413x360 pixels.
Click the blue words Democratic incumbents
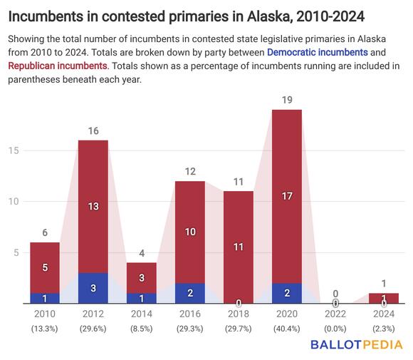coord(318,53)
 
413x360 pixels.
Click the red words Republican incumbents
coord(57,66)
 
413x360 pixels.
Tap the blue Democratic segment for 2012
coord(93,288)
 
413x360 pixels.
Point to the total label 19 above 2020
coord(287,101)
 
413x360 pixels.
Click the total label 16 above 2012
coord(93,131)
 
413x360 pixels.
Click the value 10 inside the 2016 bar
coord(190,232)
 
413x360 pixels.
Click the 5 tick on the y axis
coord(14,252)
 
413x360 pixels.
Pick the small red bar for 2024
coord(384,298)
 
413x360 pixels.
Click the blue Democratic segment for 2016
coord(190,293)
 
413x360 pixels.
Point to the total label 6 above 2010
coord(45,233)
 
